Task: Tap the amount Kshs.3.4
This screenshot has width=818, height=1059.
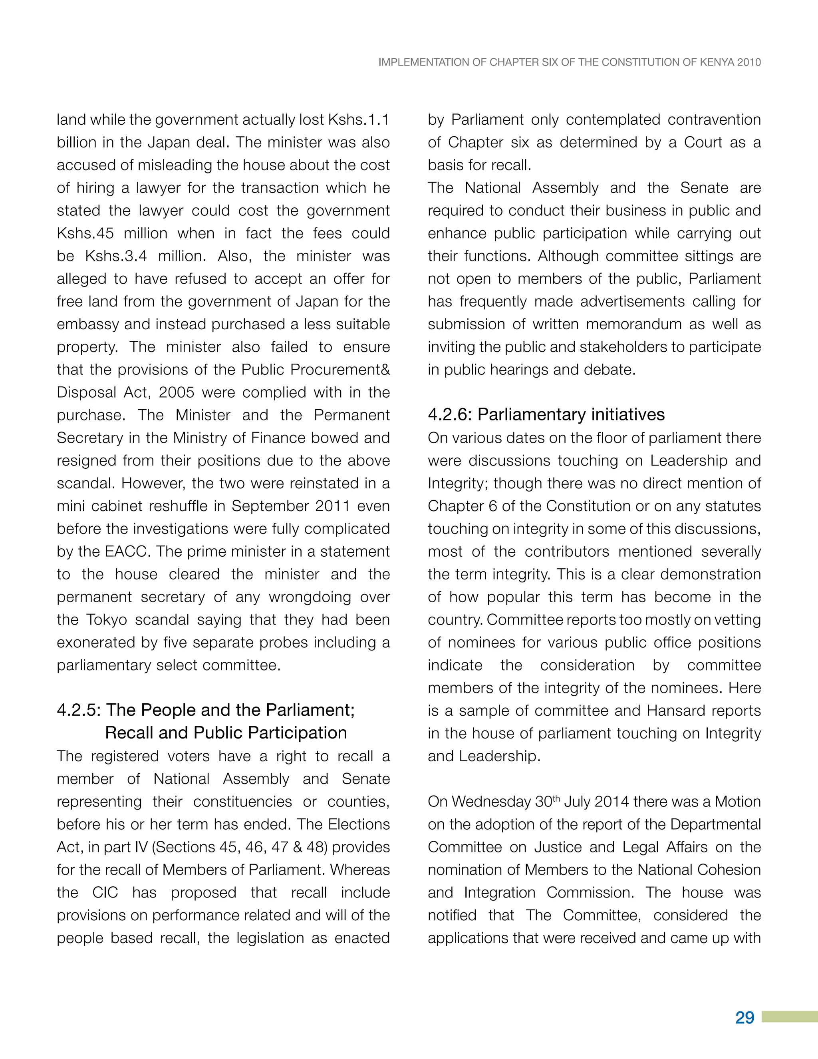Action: [x=116, y=256]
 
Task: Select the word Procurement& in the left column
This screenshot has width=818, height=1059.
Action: [x=340, y=370]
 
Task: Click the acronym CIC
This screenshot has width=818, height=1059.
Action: [x=105, y=892]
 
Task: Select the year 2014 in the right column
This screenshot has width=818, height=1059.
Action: [x=612, y=802]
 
